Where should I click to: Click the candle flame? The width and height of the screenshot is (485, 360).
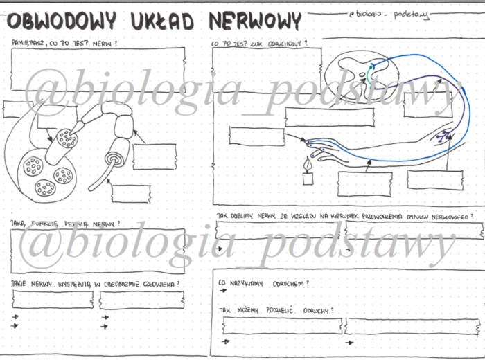click(308, 163)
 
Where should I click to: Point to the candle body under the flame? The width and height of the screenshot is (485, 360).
click(308, 178)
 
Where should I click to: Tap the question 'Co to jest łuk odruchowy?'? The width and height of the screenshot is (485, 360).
click(260, 43)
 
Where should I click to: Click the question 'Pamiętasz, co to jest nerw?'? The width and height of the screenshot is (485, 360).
click(64, 43)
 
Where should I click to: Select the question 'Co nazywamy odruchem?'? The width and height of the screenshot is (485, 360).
click(263, 282)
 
